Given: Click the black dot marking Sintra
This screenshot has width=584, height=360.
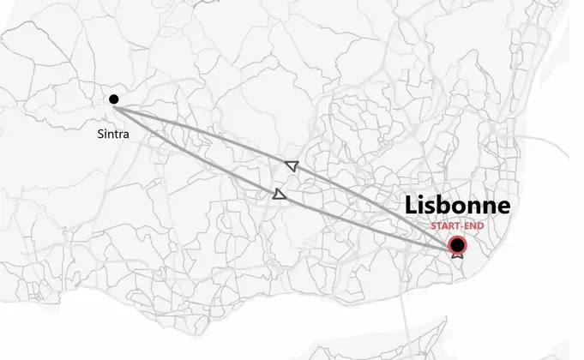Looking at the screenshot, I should tap(114, 99).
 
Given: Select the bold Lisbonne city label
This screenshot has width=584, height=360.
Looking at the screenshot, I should tap(457, 206).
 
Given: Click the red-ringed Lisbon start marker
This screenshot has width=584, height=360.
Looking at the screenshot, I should tap(458, 244).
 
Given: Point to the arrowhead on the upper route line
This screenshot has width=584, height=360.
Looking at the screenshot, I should tap(291, 165).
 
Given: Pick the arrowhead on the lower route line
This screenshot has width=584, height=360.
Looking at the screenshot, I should tap(278, 195).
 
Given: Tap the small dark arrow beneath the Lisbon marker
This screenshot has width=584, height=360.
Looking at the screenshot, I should tap(458, 255).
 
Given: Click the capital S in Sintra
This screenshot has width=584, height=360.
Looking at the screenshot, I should tap(99, 134).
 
